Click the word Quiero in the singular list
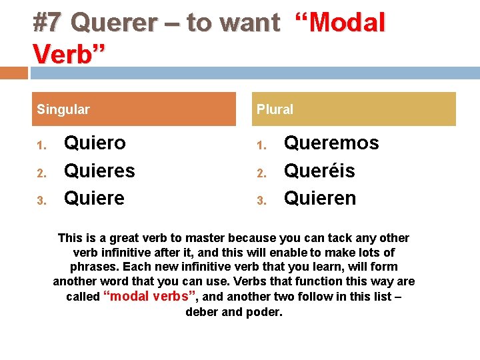[x=95, y=143]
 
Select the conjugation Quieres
[x=99, y=171]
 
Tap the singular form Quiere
[x=94, y=199]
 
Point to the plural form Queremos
[x=331, y=143]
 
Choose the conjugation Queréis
[x=319, y=171]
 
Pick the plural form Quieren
[x=320, y=199]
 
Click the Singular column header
[x=63, y=109]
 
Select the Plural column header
[x=275, y=109]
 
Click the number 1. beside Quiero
[x=41, y=145]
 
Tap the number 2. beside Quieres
[x=41, y=173]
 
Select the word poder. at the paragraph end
[x=265, y=312]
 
